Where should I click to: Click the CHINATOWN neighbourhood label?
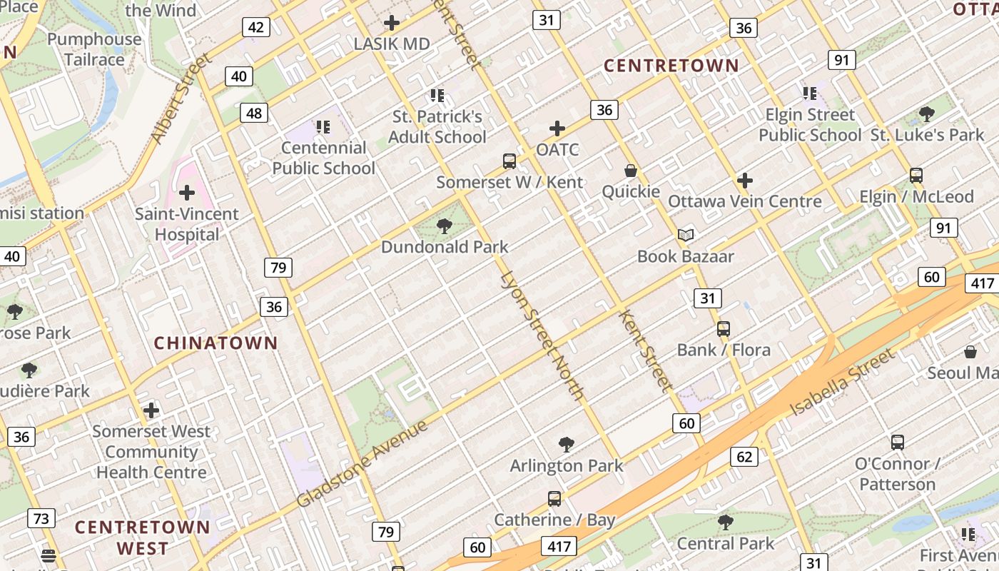215,343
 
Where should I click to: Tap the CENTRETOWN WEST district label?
143,537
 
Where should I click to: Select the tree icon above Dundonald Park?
445,227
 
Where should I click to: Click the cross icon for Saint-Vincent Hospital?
187,193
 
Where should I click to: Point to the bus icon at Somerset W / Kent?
509,161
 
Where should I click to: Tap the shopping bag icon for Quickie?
631,171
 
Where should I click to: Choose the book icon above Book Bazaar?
685,235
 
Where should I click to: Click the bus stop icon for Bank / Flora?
723,329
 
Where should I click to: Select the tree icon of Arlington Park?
567,445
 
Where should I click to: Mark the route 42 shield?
255,28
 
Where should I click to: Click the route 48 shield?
254,113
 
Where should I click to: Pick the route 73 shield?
41,518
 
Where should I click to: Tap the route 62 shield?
744,457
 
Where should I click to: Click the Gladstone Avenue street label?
362,464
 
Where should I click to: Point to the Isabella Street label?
842,383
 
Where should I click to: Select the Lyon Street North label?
542,335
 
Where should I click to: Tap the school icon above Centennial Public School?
323,127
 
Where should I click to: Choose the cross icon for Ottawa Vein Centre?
744,181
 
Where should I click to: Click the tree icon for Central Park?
725,522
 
